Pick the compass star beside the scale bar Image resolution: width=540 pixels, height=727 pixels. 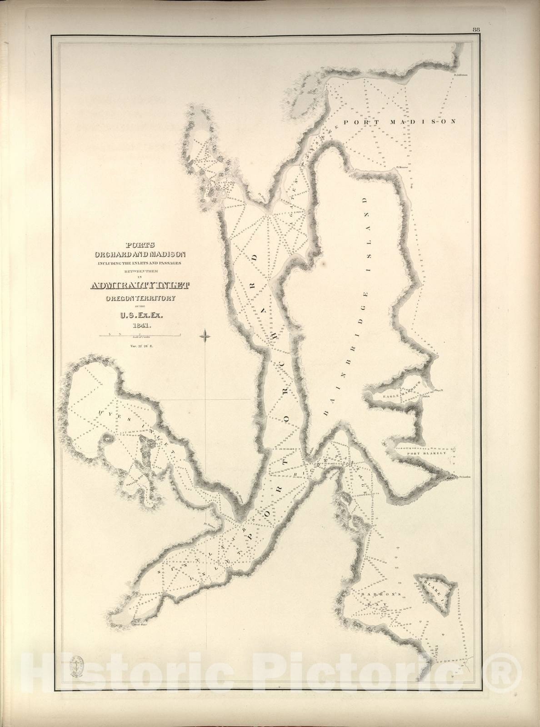click(x=205, y=337)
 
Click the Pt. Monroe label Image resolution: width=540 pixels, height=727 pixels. click(x=403, y=166)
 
